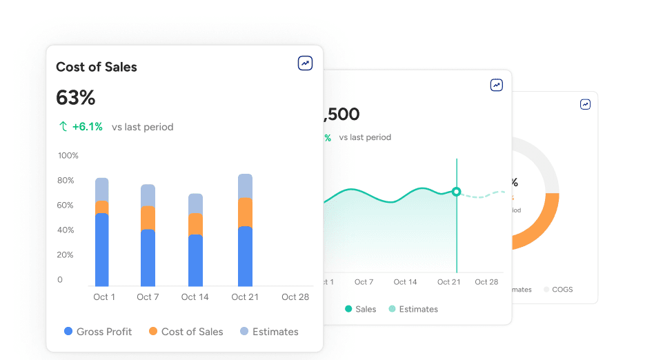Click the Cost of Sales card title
pyautogui.click(x=97, y=67)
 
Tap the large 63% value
pyautogui.click(x=75, y=98)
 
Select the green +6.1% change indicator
pyautogui.click(x=81, y=127)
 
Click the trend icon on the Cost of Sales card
pyautogui.click(x=305, y=63)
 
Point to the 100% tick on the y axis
pyautogui.click(x=68, y=156)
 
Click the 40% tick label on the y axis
pyautogui.click(x=66, y=230)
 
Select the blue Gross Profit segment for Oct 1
pyautogui.click(x=102, y=250)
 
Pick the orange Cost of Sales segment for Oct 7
pyautogui.click(x=148, y=218)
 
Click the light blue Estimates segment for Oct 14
pyautogui.click(x=195, y=203)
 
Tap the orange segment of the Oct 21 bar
pyautogui.click(x=245, y=212)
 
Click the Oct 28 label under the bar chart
pyautogui.click(x=295, y=297)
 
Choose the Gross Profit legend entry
pyautogui.click(x=98, y=332)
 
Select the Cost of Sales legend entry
pyautogui.click(x=186, y=332)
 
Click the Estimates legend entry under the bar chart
pyautogui.click(x=269, y=332)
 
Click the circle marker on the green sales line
pyautogui.click(x=456, y=192)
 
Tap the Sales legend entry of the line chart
pyautogui.click(x=360, y=309)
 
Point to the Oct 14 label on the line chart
pyautogui.click(x=405, y=282)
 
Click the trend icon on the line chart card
pyautogui.click(x=497, y=85)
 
